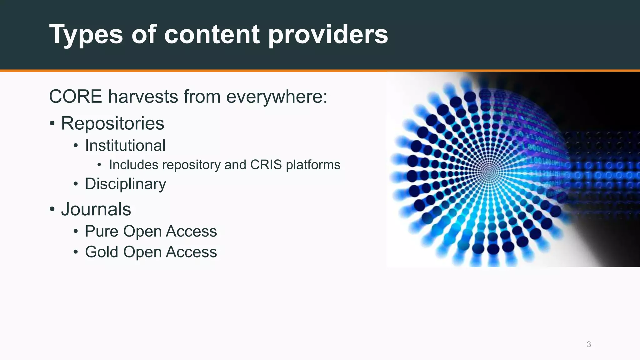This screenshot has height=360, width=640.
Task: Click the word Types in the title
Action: (86, 35)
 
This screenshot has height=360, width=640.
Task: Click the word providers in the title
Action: (328, 35)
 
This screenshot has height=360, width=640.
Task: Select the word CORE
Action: (76, 97)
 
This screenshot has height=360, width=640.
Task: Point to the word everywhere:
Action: (277, 97)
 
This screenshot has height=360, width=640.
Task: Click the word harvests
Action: (142, 97)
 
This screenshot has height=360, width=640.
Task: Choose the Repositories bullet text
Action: (112, 124)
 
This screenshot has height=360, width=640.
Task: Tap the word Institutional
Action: (125, 146)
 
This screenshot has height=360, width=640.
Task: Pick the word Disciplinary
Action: (125, 184)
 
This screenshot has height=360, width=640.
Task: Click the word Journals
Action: (96, 209)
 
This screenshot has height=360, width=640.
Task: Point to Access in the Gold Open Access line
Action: (191, 252)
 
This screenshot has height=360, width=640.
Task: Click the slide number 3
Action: (589, 344)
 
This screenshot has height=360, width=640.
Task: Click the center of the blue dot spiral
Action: (489, 172)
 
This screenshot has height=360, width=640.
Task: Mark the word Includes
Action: (133, 165)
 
